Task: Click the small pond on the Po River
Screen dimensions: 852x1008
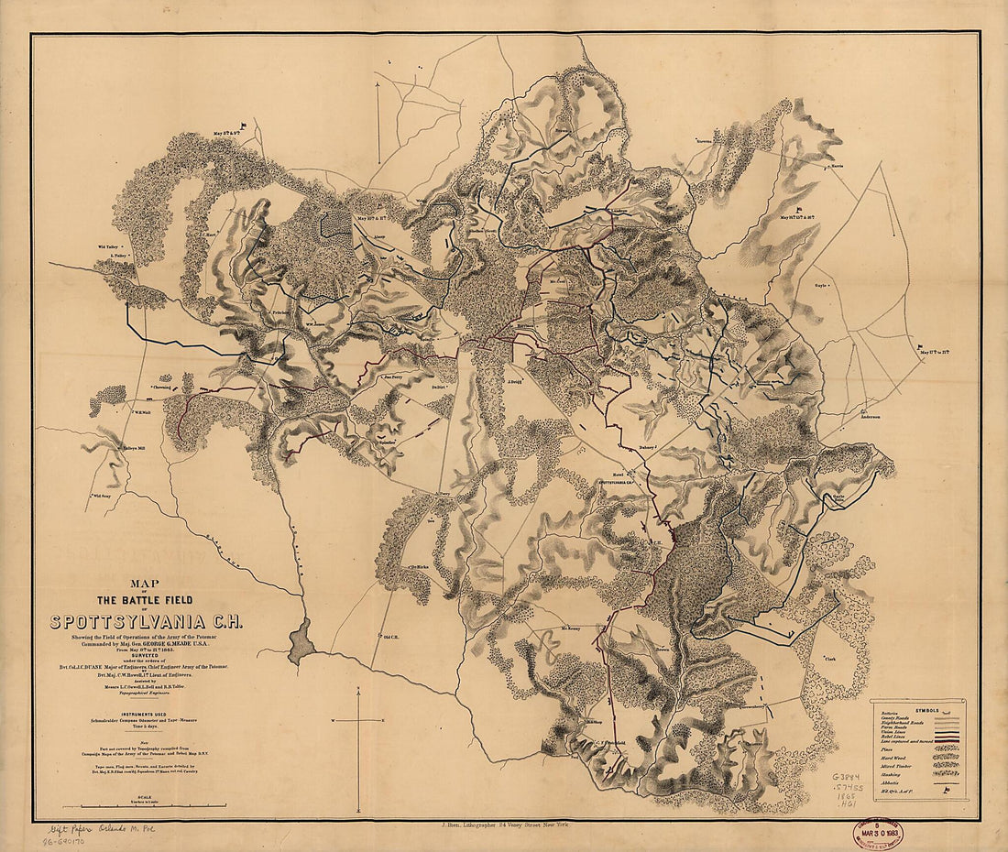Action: click(x=300, y=640)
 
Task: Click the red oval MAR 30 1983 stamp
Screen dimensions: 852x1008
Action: click(x=876, y=833)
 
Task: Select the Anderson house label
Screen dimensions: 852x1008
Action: click(x=870, y=418)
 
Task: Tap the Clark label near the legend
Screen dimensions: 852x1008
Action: click(x=831, y=659)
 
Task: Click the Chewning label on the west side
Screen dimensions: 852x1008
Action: click(x=161, y=387)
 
